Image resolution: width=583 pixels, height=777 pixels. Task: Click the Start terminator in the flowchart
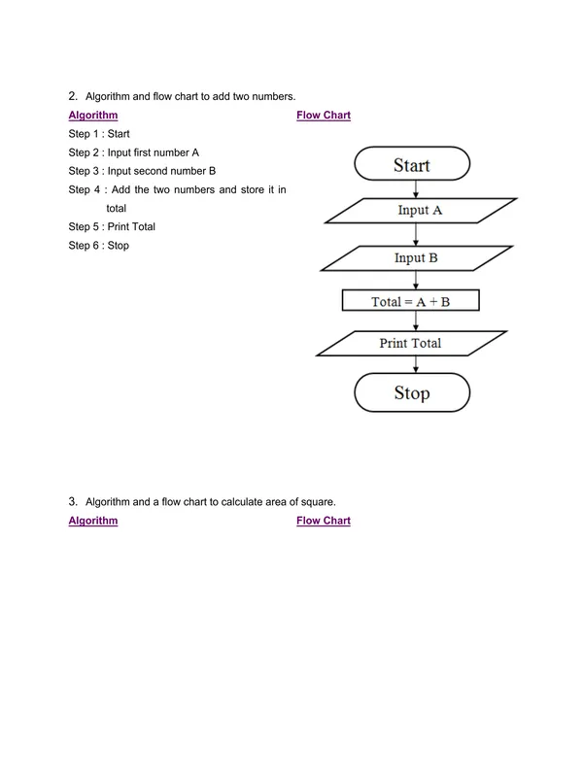coord(411,164)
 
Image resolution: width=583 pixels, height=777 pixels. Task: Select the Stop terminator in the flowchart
coord(411,393)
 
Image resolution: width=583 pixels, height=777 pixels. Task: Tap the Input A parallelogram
coord(419,210)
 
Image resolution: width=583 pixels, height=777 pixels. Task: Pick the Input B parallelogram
coord(416,257)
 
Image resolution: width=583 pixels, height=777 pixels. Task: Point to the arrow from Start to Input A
coord(416,188)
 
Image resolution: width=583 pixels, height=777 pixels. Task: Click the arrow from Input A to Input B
coord(416,233)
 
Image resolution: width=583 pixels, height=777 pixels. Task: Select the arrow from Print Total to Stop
coord(416,365)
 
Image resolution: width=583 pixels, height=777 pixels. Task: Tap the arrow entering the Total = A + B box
coord(416,281)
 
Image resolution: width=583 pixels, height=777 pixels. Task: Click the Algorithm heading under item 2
coord(93,116)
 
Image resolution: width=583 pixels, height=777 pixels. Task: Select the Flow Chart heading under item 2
coord(324,116)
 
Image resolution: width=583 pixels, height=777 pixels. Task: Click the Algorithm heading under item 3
coord(93,522)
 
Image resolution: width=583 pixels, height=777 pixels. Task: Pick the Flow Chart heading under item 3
coord(324,522)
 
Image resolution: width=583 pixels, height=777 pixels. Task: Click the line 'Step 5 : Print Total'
coord(112,226)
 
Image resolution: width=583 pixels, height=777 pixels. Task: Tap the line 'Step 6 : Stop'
coord(98,246)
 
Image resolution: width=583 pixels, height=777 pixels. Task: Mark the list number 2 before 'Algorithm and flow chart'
coord(72,96)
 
